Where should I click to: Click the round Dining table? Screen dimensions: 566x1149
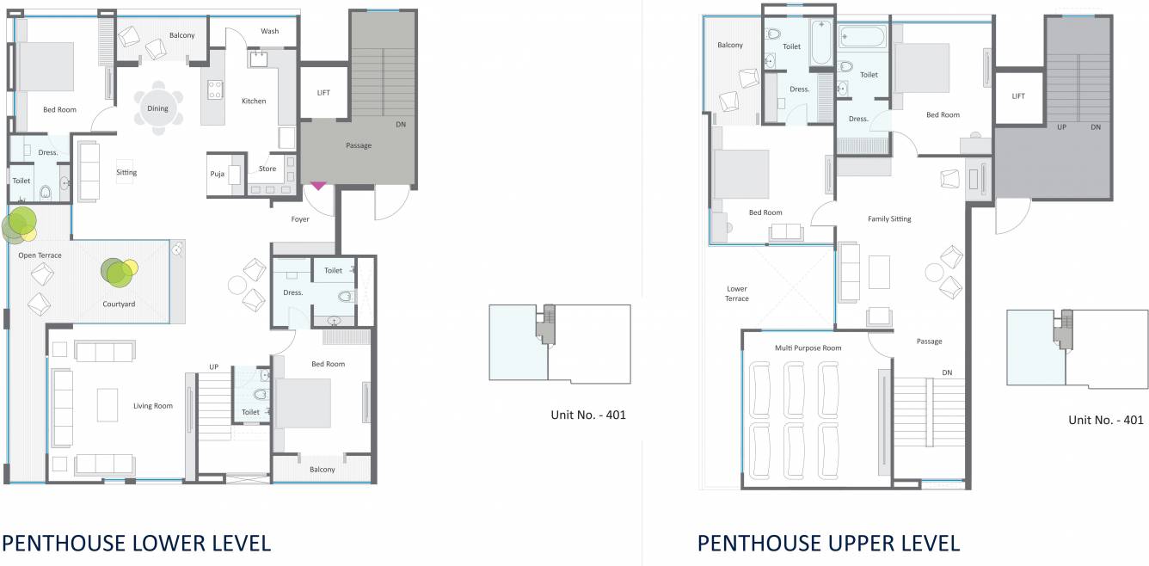click(x=157, y=109)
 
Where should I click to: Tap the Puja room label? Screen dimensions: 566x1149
click(x=218, y=174)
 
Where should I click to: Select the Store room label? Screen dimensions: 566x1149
click(x=267, y=169)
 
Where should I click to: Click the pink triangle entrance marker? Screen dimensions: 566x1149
click(x=318, y=185)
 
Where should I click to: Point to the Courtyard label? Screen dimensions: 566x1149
click(x=119, y=304)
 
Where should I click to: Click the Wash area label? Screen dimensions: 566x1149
click(x=270, y=32)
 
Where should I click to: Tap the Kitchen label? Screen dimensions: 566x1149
click(x=254, y=102)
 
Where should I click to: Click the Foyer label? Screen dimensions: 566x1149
click(x=300, y=219)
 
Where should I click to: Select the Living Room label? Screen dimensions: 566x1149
click(x=153, y=406)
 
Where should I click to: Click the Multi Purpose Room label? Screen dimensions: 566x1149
click(x=808, y=348)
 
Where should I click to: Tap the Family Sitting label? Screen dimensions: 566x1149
click(x=889, y=219)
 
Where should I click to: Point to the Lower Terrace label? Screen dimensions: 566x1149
click(x=737, y=293)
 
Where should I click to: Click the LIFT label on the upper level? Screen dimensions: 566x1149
click(x=1018, y=96)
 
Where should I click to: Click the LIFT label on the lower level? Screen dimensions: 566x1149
click(x=323, y=93)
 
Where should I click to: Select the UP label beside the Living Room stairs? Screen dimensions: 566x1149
click(x=213, y=367)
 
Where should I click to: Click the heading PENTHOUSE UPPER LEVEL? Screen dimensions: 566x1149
click(x=828, y=543)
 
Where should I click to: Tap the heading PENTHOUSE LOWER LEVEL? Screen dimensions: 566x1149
click(x=136, y=543)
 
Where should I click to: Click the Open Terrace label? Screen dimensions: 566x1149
click(x=40, y=255)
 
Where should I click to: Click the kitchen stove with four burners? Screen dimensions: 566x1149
click(x=214, y=89)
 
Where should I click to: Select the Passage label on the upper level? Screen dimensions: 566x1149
click(x=929, y=341)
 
